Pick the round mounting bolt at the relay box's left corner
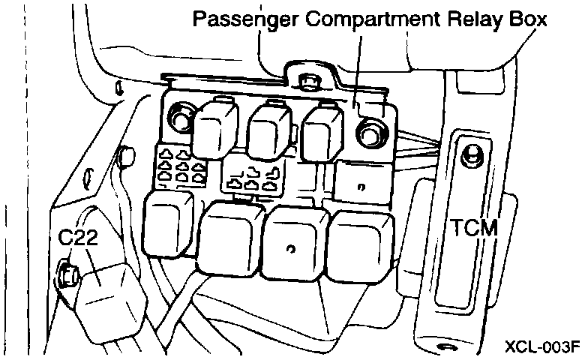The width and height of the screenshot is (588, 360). pyautogui.click(x=181, y=116)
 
